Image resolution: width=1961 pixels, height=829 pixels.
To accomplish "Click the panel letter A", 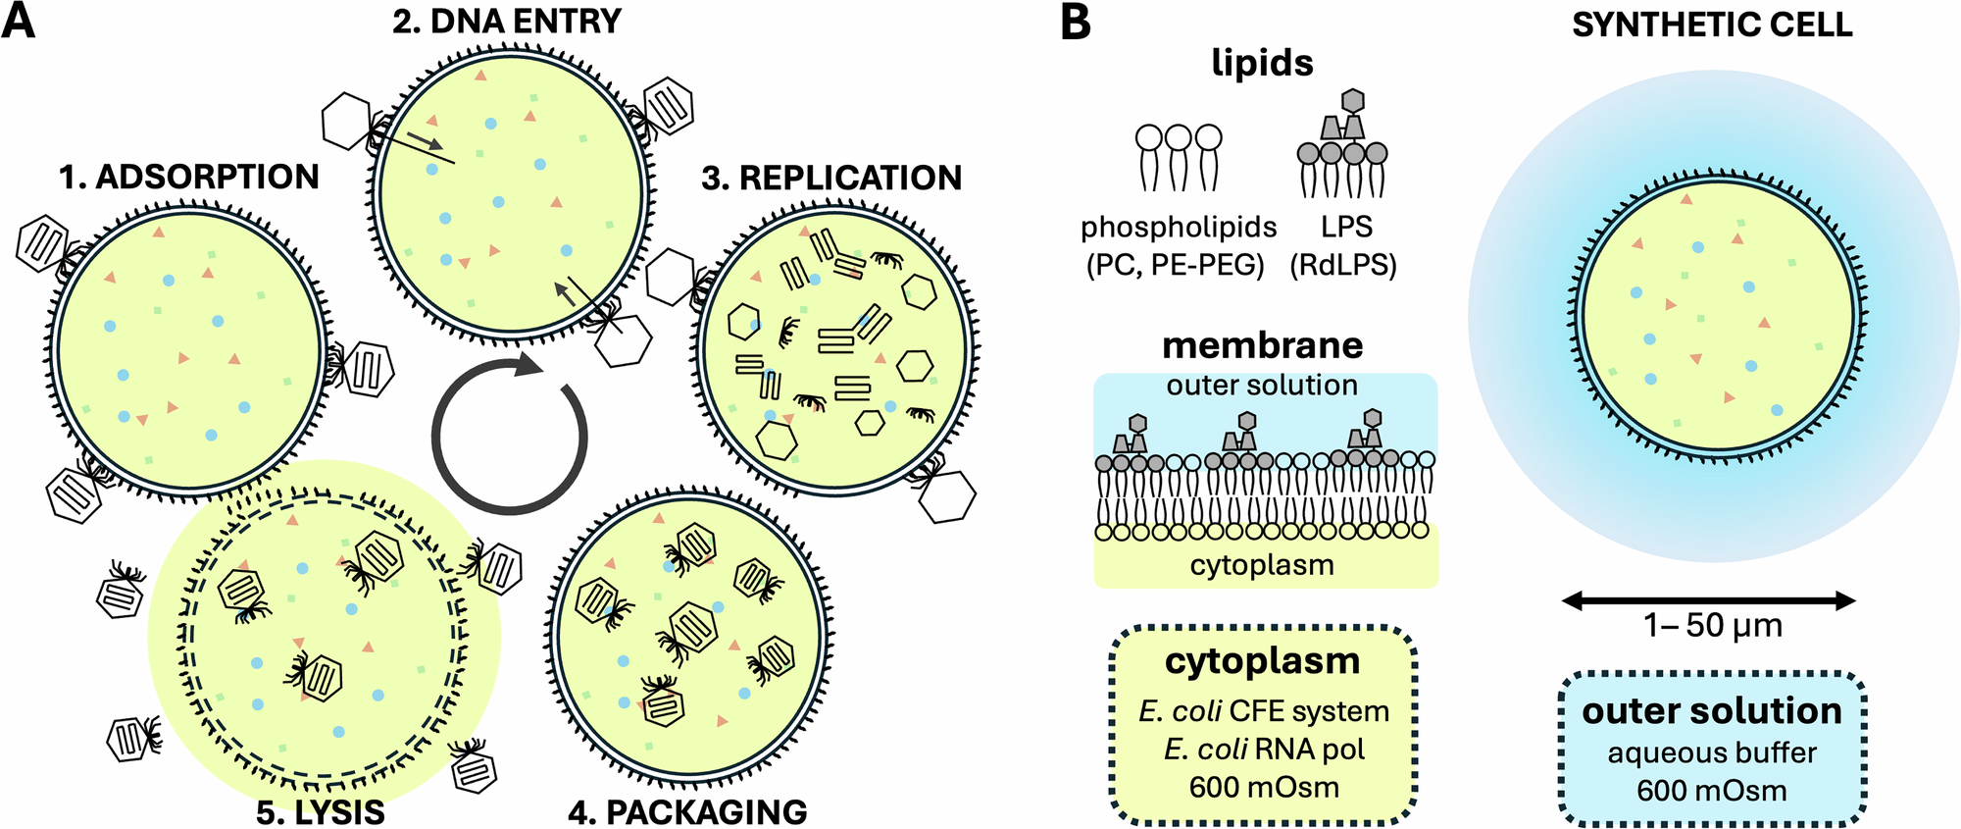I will click(19, 21).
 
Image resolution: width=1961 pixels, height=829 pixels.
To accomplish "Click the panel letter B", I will click(1076, 23).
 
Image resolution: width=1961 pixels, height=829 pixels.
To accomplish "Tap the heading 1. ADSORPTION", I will click(189, 177).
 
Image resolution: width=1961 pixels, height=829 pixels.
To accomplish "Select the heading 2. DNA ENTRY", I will click(507, 22).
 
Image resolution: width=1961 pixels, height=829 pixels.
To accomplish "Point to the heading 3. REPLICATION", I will click(831, 178).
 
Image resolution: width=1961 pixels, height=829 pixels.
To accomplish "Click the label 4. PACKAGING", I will click(687, 812).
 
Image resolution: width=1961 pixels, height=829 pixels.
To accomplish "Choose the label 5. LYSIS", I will click(321, 812).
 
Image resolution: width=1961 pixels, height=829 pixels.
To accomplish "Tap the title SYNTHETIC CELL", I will click(1712, 25).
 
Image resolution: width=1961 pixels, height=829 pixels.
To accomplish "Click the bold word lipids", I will click(1262, 63).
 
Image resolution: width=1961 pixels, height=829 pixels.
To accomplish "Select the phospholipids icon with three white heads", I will click(1178, 157).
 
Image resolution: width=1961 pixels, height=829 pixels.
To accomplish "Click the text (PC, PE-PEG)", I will click(1176, 265).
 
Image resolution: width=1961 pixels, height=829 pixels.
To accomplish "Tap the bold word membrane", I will click(1262, 345).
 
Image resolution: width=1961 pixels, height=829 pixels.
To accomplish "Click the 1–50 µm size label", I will click(1712, 626).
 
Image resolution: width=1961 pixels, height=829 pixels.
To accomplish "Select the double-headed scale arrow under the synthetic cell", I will click(1709, 600).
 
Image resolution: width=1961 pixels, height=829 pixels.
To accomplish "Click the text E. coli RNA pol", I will click(1264, 750).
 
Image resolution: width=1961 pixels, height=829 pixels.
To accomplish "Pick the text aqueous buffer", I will click(1712, 753).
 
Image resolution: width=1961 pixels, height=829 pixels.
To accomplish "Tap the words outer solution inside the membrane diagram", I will click(1262, 385).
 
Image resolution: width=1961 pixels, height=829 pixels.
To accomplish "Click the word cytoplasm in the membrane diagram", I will click(1262, 565).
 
